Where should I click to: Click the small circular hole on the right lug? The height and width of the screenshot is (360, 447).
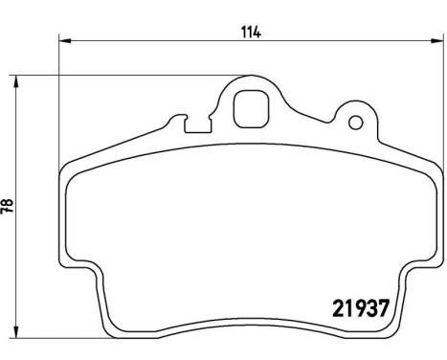pos(356,123)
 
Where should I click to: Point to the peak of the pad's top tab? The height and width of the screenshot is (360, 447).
pos(253,77)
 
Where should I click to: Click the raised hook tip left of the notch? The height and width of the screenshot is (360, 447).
pos(174,120)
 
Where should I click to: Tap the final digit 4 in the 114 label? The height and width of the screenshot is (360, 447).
pos(258,31)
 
